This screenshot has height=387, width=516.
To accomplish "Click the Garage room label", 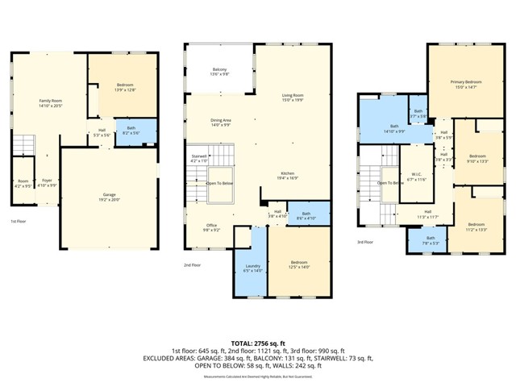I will [x=109, y=196].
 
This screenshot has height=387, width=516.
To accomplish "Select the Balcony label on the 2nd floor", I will [x=219, y=71].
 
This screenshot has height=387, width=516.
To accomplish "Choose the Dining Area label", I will [x=221, y=123].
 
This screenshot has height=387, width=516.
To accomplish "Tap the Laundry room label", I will [x=252, y=268].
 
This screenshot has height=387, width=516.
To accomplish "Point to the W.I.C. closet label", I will [x=416, y=176].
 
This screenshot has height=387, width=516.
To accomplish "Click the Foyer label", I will [x=48, y=182].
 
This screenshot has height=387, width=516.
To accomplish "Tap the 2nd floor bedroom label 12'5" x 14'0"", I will [x=298, y=264].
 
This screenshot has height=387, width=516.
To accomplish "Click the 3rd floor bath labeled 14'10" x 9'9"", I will [x=394, y=128].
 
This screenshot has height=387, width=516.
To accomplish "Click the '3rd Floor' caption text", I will [x=365, y=242].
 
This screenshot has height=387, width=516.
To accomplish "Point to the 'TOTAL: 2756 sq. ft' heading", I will [x=257, y=343].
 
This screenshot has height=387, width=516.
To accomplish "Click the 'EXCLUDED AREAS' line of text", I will [x=257, y=359].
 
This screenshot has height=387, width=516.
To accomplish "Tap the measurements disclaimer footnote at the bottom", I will [x=257, y=377].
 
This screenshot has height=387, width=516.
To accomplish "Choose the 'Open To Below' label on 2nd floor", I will [x=220, y=183].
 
